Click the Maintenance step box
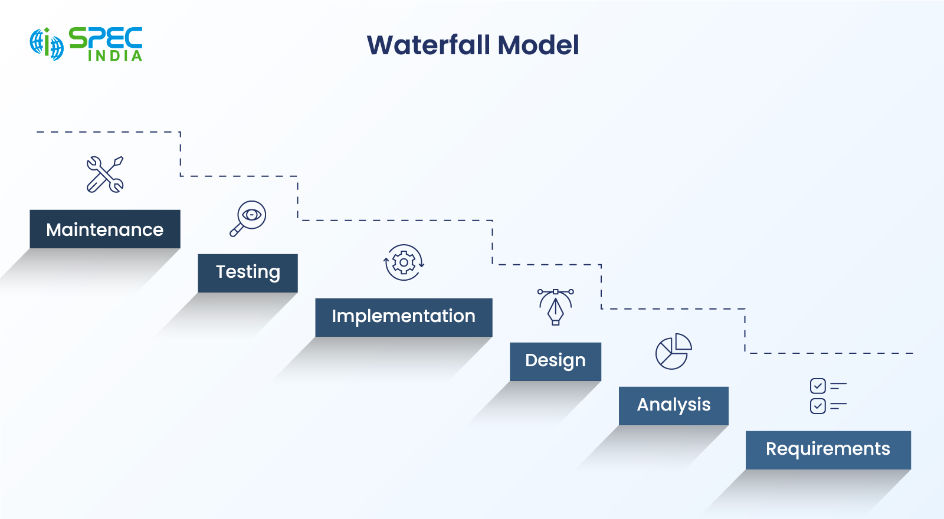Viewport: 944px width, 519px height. (105, 229)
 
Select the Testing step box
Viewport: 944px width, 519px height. (248, 273)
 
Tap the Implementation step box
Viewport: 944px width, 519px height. (404, 317)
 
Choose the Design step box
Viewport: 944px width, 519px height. (555, 362)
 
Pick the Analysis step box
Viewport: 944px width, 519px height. (673, 406)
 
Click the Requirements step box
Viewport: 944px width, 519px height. (828, 450)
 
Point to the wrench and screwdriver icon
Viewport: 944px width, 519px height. (105, 175)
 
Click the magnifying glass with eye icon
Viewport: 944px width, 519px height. (248, 218)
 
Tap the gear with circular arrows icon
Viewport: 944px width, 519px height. (404, 262)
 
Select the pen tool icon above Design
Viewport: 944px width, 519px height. (555, 307)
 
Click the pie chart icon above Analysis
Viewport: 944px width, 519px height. (673, 352)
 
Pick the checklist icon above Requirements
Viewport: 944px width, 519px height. (828, 396)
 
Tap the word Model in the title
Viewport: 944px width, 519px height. (538, 45)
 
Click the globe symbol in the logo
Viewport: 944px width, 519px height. (47, 44)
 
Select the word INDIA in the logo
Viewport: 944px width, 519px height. (115, 56)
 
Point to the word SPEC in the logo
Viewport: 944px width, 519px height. (106, 38)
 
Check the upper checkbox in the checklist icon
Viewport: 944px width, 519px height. (818, 386)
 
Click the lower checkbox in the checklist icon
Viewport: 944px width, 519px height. (818, 406)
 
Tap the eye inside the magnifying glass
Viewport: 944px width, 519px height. (252, 215)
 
